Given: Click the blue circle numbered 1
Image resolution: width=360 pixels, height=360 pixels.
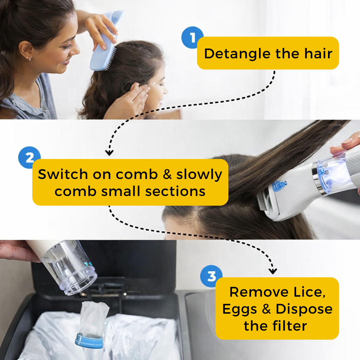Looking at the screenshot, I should click(x=192, y=38).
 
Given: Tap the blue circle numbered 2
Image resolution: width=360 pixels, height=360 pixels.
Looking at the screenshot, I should click(x=29, y=157).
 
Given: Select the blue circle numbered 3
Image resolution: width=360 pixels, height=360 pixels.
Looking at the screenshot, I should click(x=211, y=276).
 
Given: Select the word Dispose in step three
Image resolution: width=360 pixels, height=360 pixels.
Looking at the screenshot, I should click(x=304, y=309).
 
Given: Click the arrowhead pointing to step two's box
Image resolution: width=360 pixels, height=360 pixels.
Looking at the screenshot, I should click(x=109, y=153).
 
